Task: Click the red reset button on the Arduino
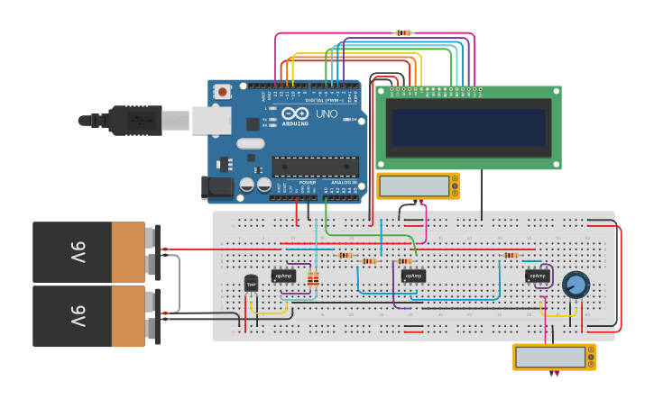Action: pyautogui.click(x=221, y=90)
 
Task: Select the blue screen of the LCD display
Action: pyautogui.click(x=468, y=128)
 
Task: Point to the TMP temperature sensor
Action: pyautogui.click(x=251, y=284)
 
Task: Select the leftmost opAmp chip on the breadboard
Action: pyautogui.click(x=284, y=276)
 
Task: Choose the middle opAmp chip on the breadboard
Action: pyautogui.click(x=413, y=276)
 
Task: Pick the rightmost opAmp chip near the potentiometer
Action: pyautogui.click(x=537, y=276)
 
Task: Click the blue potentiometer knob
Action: pyautogui.click(x=575, y=286)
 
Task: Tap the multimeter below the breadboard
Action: pyautogui.click(x=554, y=357)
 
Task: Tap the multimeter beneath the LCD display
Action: pyautogui.click(x=418, y=186)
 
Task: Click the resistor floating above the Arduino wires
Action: pyautogui.click(x=403, y=32)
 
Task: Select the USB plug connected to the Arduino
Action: pyautogui.click(x=135, y=120)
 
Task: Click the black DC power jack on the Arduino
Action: pyautogui.click(x=219, y=186)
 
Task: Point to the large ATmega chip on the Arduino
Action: pyautogui.click(x=315, y=167)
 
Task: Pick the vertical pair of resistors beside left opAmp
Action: pyautogui.click(x=313, y=279)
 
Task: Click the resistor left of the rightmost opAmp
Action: pyautogui.click(x=511, y=256)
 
